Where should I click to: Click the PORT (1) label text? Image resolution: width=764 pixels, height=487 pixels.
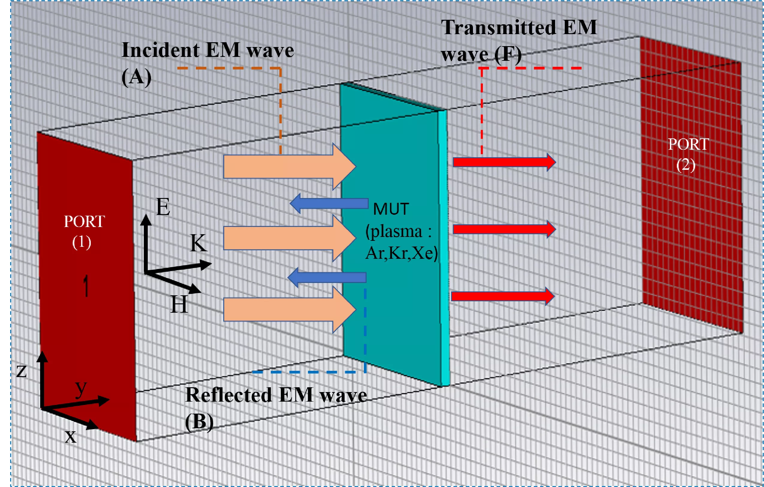(84, 232)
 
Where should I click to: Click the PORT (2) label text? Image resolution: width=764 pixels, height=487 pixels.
(688, 155)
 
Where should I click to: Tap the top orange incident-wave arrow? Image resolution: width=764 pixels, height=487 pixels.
(286, 167)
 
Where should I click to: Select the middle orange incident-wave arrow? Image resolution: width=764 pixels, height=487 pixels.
(286, 238)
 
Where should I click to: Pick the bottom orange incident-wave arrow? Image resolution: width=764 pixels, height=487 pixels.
(286, 309)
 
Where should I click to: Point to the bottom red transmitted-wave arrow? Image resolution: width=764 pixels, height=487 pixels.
(501, 296)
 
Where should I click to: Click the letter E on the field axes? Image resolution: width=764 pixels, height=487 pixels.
(163, 207)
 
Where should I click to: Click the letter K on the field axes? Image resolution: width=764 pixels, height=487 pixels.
(198, 243)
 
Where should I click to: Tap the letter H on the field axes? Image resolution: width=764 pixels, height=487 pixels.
(179, 304)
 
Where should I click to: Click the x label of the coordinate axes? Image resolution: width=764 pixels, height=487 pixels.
(70, 437)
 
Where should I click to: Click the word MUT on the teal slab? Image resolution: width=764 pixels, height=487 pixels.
(391, 209)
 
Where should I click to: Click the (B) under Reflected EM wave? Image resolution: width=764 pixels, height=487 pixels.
(199, 422)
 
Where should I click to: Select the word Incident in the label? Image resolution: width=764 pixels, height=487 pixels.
(161, 50)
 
